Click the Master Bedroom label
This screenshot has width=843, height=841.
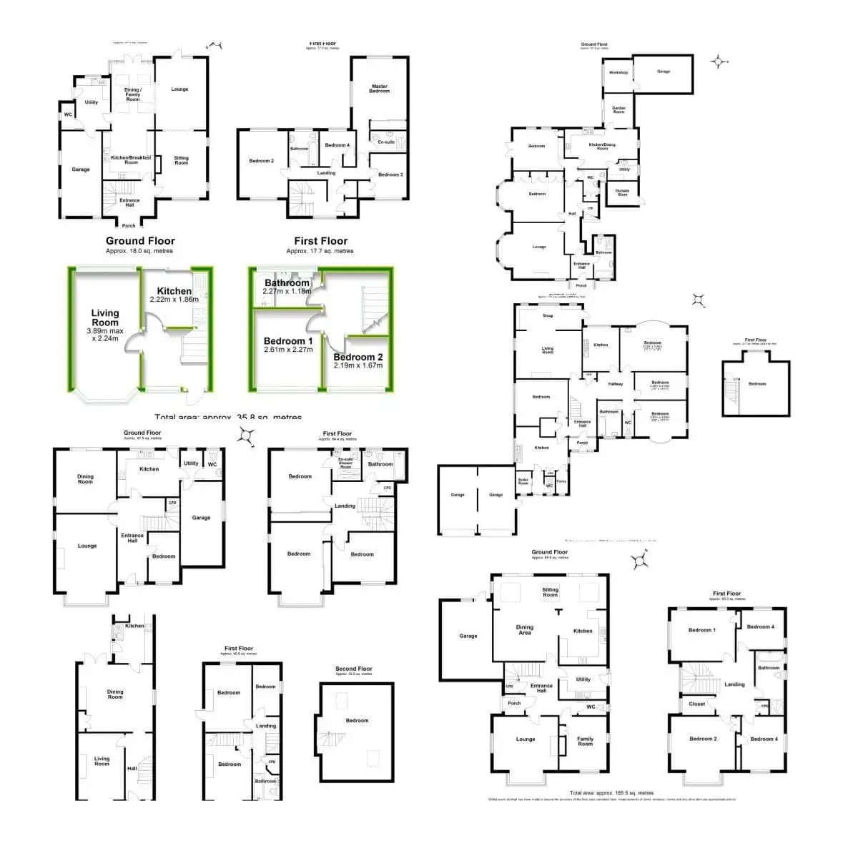pyautogui.click(x=380, y=89)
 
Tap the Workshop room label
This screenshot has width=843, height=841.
pyautogui.click(x=618, y=72)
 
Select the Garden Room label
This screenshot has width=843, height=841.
pyautogui.click(x=618, y=110)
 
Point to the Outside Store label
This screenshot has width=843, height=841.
pyautogui.click(x=622, y=192)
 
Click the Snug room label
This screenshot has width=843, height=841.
pyautogui.click(x=548, y=315)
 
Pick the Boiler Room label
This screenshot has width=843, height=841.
pyautogui.click(x=523, y=481)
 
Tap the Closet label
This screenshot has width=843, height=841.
pyautogui.click(x=697, y=704)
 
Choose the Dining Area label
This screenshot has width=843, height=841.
pyautogui.click(x=525, y=630)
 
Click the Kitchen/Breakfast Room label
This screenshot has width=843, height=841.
pyautogui.click(x=131, y=159)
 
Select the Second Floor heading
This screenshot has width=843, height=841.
pyautogui.click(x=354, y=669)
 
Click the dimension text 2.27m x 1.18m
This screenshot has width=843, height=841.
pyautogui.click(x=287, y=291)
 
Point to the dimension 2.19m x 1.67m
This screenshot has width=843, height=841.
pyautogui.click(x=358, y=365)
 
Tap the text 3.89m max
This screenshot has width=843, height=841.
pyautogui.click(x=105, y=331)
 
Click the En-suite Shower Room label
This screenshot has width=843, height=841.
pyautogui.click(x=346, y=462)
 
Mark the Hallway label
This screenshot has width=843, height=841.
pyautogui.click(x=616, y=384)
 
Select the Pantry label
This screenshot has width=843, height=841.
pyautogui.click(x=561, y=481)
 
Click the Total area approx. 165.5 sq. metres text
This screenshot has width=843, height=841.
pyautogui.click(x=611, y=793)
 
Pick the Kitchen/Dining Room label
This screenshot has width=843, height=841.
pyautogui.click(x=602, y=147)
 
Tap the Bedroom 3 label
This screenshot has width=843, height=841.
pyautogui.click(x=390, y=174)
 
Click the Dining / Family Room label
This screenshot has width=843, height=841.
pyautogui.click(x=132, y=94)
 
